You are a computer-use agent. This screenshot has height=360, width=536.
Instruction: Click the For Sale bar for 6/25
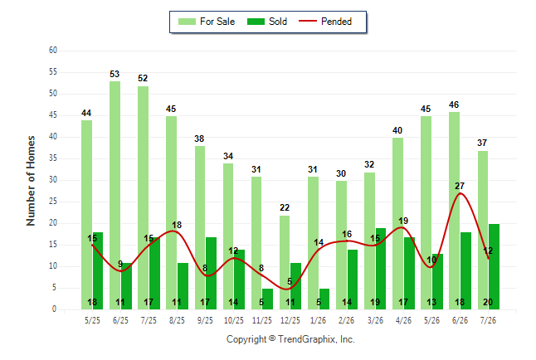click(x=115, y=195)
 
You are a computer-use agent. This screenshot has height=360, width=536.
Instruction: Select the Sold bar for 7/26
click(x=494, y=266)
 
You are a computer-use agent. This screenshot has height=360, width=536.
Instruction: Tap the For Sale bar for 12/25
click(x=285, y=262)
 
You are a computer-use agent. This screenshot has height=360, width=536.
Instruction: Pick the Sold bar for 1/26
click(x=324, y=299)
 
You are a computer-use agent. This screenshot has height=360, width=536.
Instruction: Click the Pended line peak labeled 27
click(x=460, y=193)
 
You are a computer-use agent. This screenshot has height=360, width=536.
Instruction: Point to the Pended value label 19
click(x=403, y=221)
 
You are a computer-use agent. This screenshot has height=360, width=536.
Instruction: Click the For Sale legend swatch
click(x=187, y=22)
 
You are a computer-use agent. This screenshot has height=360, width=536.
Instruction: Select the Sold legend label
click(x=278, y=22)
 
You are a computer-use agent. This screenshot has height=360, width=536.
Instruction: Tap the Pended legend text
click(x=336, y=22)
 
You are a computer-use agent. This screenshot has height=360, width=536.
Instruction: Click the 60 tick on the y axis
click(x=53, y=51)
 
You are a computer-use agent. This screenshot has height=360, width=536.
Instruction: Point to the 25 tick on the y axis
click(x=53, y=202)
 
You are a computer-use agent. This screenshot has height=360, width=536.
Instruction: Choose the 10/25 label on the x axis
click(x=234, y=320)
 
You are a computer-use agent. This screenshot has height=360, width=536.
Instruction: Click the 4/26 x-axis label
click(x=403, y=320)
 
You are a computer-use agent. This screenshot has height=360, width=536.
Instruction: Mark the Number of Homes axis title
click(x=31, y=181)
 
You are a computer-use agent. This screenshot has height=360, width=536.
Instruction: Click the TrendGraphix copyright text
click(x=290, y=339)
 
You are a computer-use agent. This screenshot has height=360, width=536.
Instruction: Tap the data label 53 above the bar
click(x=115, y=74)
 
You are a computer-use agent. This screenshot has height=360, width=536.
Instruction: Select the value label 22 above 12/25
click(x=285, y=207)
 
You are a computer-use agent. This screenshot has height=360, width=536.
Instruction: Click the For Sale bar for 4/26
click(x=398, y=224)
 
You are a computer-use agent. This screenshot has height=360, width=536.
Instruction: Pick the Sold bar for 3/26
click(x=381, y=269)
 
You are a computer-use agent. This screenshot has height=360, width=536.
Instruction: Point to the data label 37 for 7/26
click(x=482, y=143)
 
